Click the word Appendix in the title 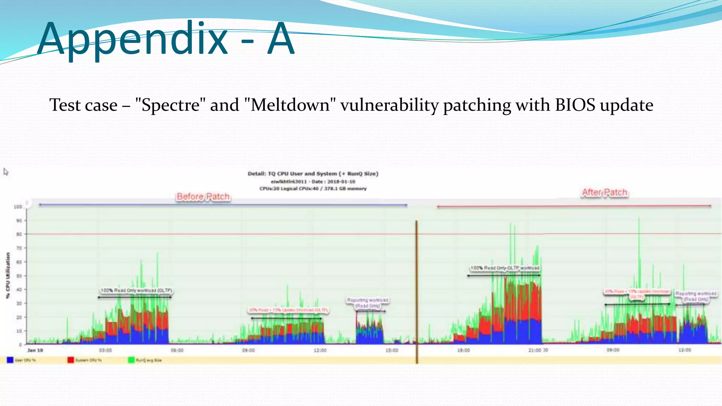pos(132,39)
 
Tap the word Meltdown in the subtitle pos(290,105)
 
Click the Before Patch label pos(203,197)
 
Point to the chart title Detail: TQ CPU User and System pos(313,174)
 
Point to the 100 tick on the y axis pos(18,207)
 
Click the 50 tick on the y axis pos(19,276)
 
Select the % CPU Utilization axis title pos(8,276)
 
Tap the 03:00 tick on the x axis pos(105,350)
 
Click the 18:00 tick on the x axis pos(463,350)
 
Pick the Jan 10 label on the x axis pos(35,350)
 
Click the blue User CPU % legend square pos(10,360)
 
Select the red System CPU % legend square pos(71,360)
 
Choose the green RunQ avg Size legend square pos(131,360)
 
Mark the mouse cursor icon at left pos(6,172)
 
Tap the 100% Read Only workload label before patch pos(136,290)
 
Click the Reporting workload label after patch pos(696,296)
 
